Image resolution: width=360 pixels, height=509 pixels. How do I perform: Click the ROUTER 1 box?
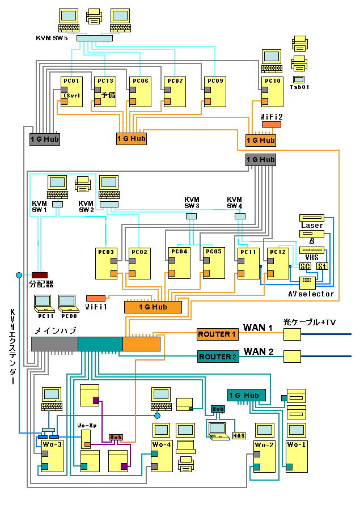(217, 334)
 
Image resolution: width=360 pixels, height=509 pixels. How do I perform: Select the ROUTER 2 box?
(217, 357)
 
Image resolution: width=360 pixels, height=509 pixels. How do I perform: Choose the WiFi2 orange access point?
(271, 124)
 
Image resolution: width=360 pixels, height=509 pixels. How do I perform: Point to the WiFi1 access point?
(95, 298)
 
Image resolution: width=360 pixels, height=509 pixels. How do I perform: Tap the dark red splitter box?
(40, 275)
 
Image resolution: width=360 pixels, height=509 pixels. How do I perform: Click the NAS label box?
(239, 435)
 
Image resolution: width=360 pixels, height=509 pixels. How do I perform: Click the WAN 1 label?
(258, 328)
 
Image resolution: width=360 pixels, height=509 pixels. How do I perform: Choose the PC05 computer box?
(214, 263)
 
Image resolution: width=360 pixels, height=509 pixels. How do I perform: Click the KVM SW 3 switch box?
(192, 216)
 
